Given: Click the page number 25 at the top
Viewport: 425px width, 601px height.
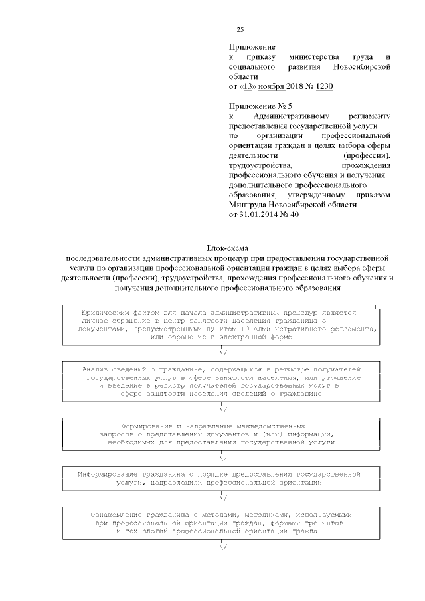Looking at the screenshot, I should (x=240, y=29).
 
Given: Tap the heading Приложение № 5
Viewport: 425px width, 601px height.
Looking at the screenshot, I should (x=260, y=106).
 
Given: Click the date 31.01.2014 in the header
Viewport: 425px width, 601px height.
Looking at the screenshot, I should (x=258, y=215).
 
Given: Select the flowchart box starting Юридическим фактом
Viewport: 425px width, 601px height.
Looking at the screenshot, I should (x=220, y=324).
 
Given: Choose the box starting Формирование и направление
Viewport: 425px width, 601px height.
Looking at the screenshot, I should (x=220, y=432).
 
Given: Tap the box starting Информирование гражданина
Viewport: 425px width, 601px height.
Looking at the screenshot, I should (x=220, y=479).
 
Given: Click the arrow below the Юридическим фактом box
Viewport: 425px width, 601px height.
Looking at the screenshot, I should (x=222, y=352).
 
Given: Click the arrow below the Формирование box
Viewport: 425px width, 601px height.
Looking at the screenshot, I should (x=222, y=458).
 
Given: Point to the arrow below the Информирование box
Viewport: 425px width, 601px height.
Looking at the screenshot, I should (x=222, y=497).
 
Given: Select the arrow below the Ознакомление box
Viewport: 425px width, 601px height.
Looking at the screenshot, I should (x=222, y=547).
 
